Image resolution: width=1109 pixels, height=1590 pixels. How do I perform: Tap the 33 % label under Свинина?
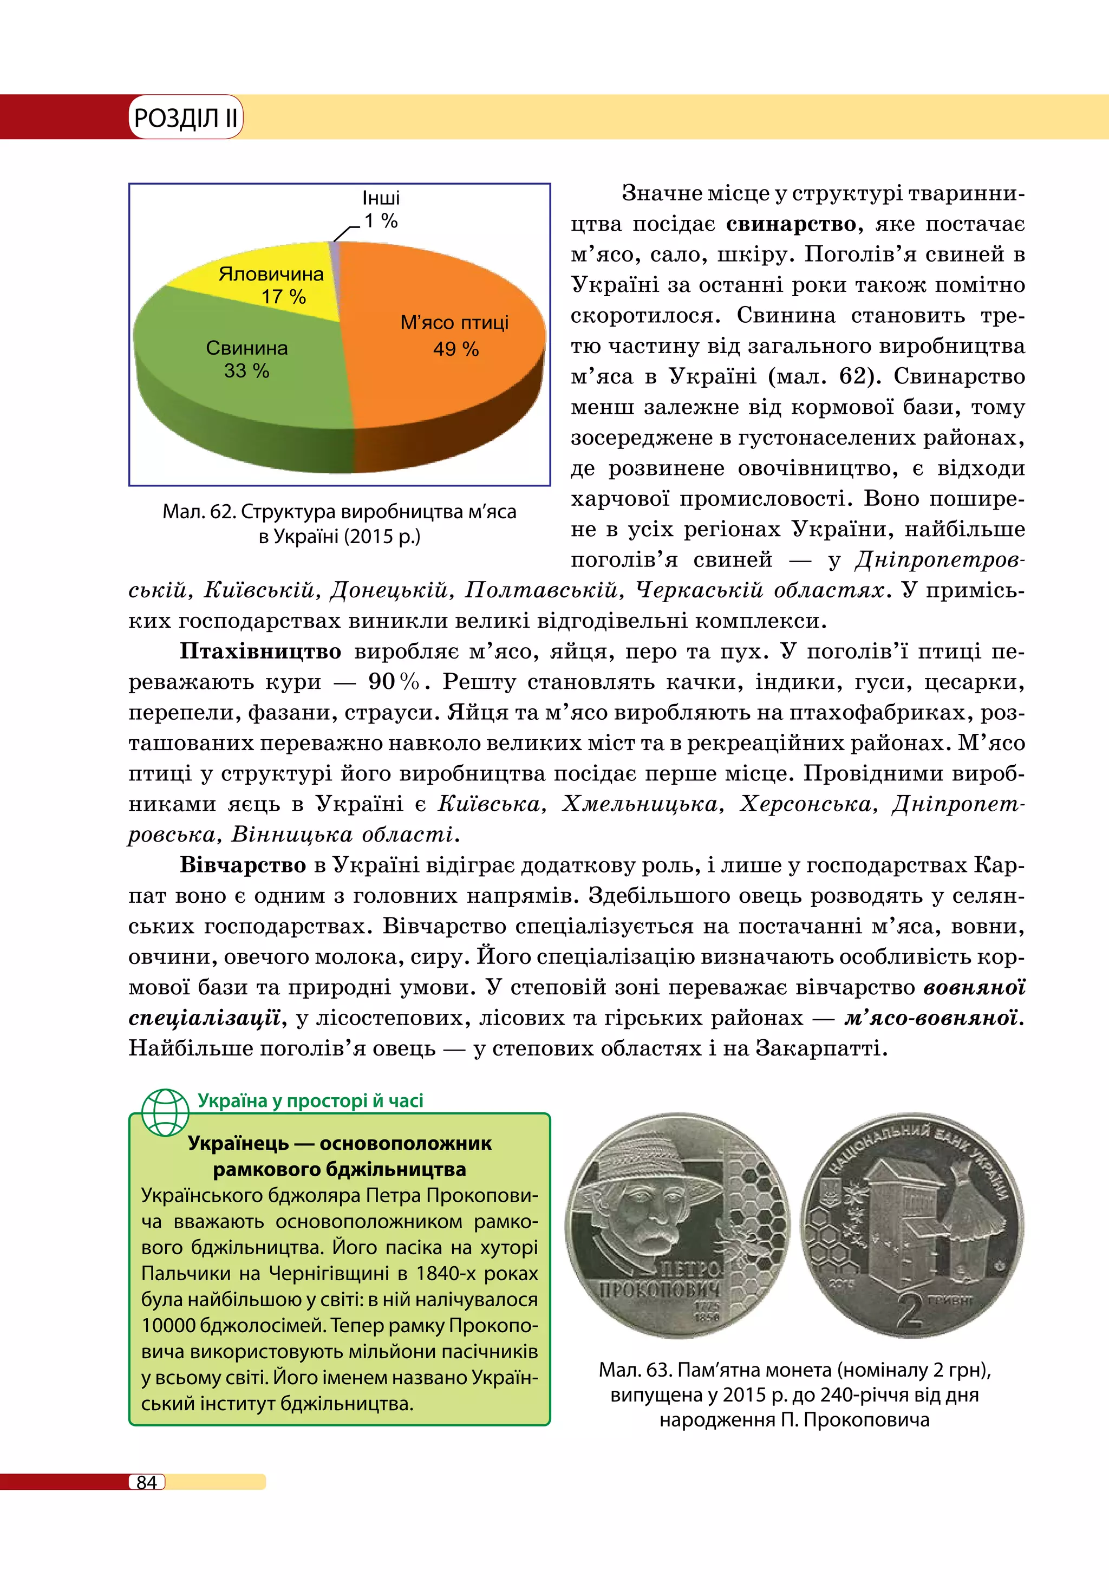246,371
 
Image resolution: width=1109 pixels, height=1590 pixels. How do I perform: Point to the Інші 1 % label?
381,209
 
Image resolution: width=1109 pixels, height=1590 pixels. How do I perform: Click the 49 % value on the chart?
455,349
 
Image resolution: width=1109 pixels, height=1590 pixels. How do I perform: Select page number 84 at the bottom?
147,1482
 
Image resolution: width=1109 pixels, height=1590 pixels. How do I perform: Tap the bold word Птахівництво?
260,651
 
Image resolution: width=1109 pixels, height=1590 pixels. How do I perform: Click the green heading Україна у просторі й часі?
310,1100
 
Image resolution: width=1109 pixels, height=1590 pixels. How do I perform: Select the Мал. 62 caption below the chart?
339,524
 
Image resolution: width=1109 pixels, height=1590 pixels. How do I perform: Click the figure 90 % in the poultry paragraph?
393,682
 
